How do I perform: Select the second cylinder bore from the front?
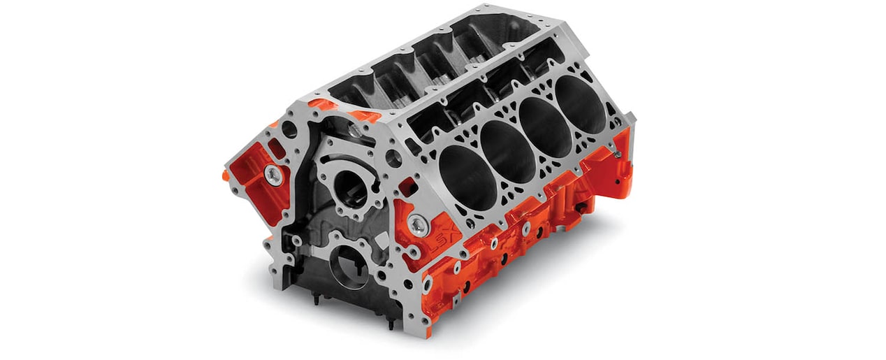[x=502, y=147]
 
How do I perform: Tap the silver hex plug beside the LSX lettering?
[x=418, y=223]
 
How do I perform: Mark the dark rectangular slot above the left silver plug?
[x=277, y=149]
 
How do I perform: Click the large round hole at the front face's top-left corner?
[x=291, y=130]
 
